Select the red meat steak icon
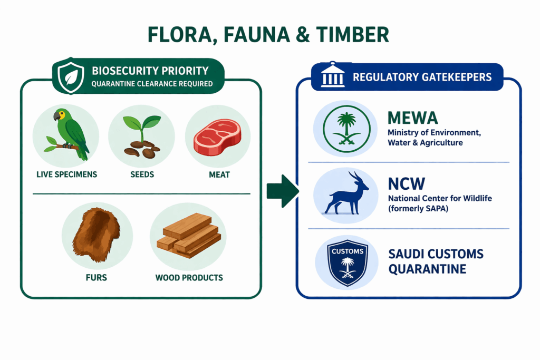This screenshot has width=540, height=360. tap(217, 137)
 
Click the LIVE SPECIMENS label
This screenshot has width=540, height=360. tap(66, 174)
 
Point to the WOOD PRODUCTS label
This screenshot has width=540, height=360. tap(189, 277)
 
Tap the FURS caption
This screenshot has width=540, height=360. tap(97, 277)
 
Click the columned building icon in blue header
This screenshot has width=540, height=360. tap(330, 77)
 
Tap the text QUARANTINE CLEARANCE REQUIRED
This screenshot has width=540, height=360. tap(152, 83)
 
